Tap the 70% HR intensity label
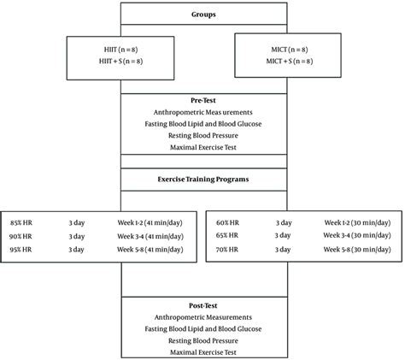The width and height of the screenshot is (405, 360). (228, 250)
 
